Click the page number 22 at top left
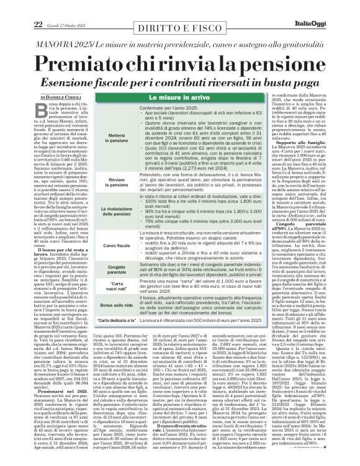tap(20, 6)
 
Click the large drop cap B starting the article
tap(39, 114)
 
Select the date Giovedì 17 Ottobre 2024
tap(55, 7)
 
